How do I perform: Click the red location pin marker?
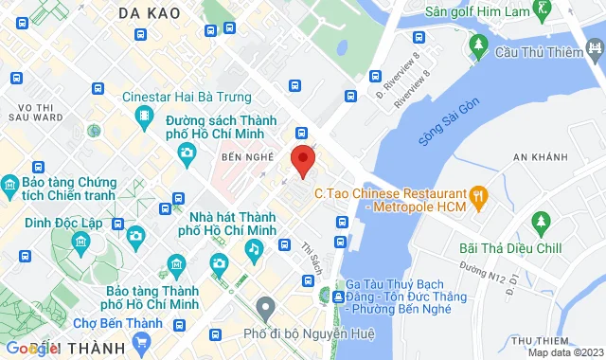click(x=302, y=161)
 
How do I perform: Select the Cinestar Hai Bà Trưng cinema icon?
click(x=145, y=117)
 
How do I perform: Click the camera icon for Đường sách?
click(x=187, y=152)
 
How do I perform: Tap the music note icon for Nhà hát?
click(x=254, y=248)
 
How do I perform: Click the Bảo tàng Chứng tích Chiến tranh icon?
click(x=10, y=184)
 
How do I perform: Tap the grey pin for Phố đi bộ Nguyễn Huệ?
click(x=266, y=307)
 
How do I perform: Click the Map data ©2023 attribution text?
click(x=565, y=352)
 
